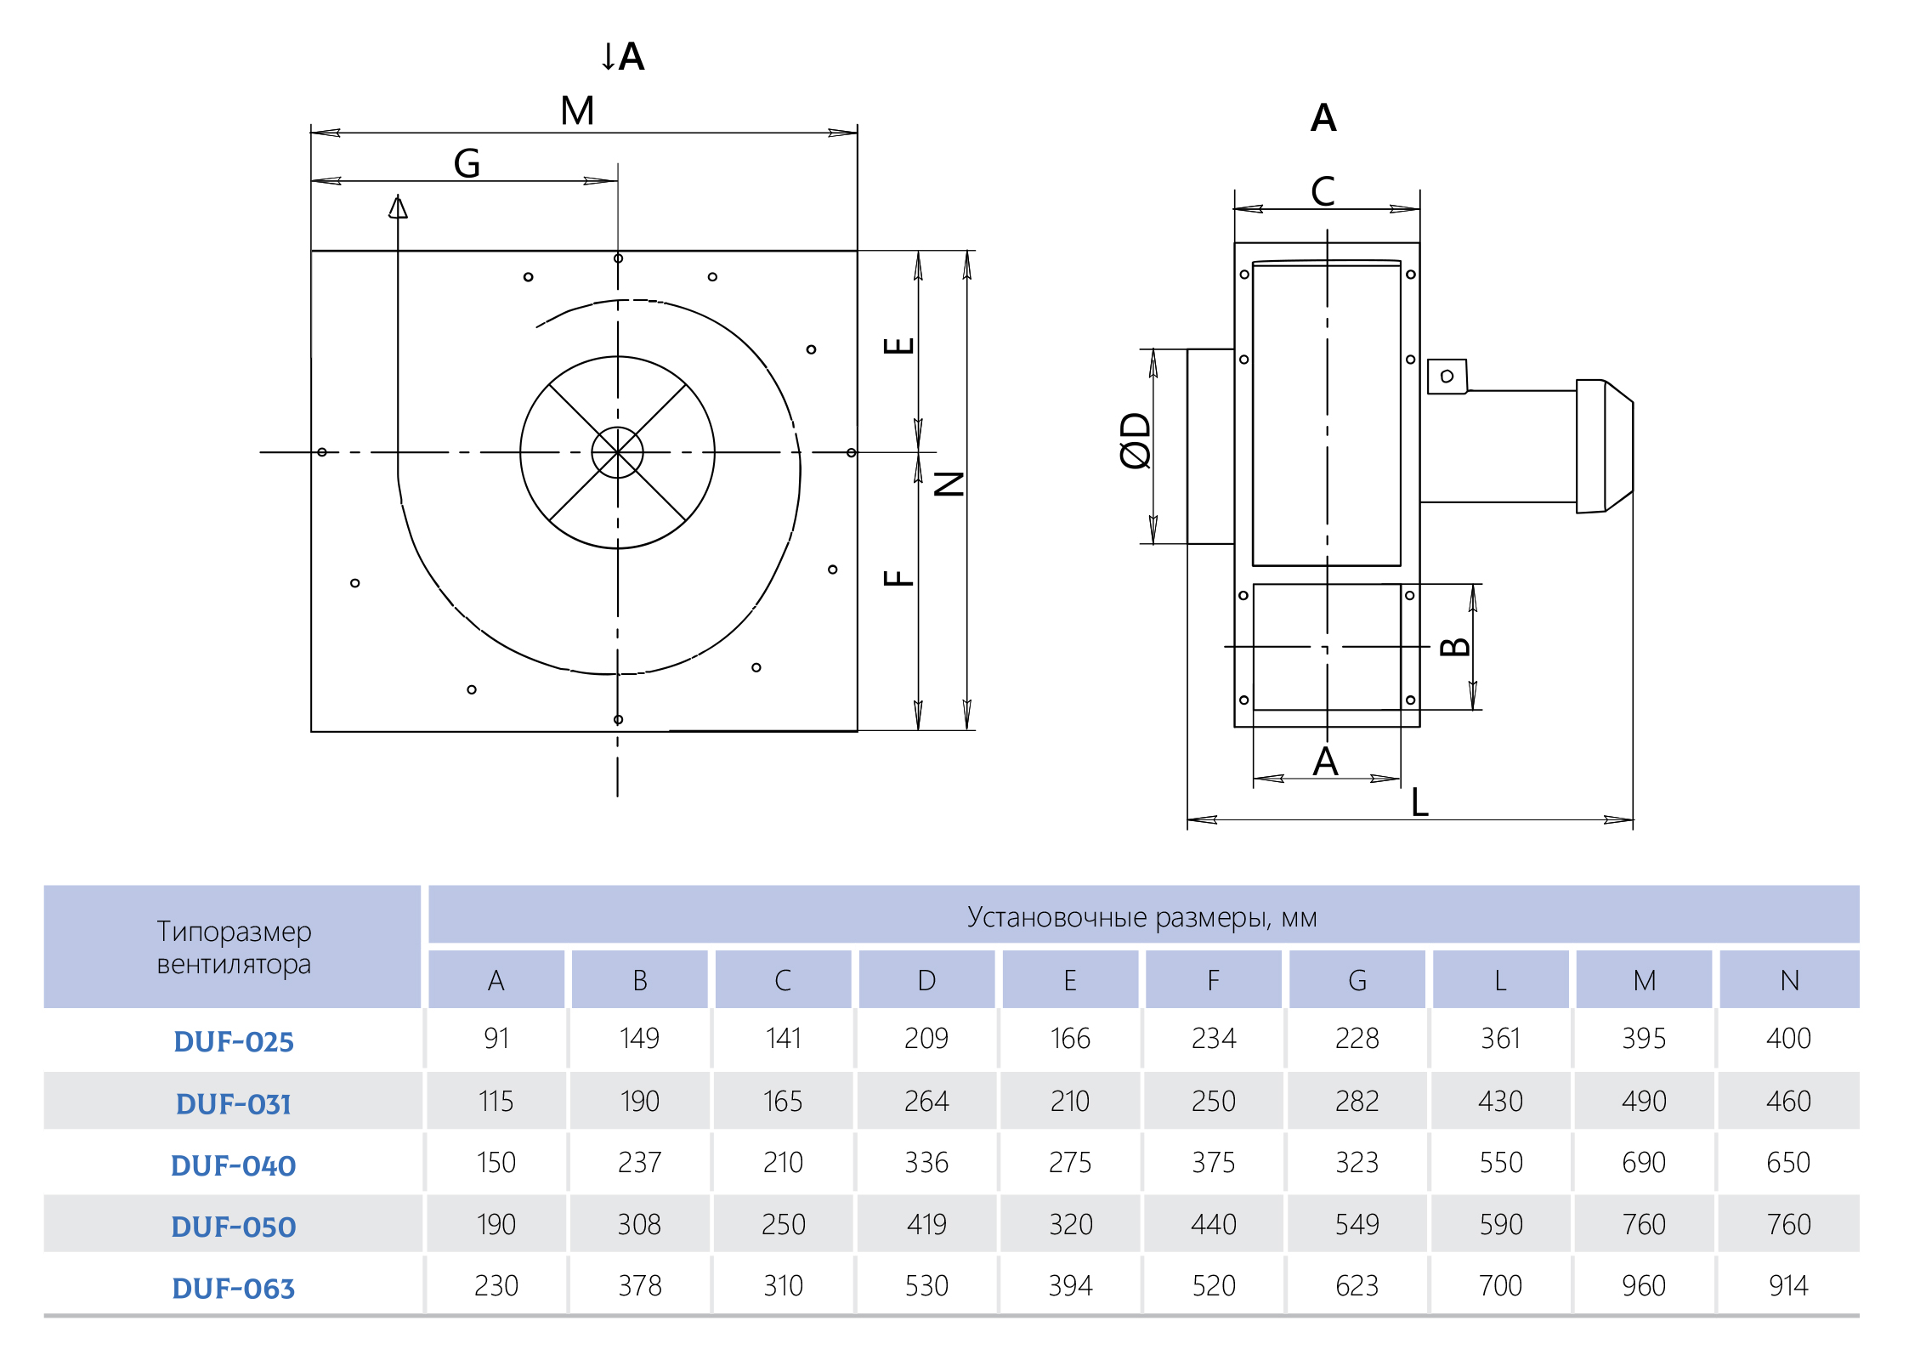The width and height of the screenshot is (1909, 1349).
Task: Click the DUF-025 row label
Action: [x=234, y=1041]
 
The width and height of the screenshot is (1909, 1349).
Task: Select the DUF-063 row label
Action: [x=234, y=1289]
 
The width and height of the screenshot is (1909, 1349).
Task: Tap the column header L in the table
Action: [x=1501, y=981]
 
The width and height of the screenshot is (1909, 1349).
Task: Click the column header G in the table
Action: [x=1357, y=981]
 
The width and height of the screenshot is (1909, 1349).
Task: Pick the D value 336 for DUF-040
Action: [x=926, y=1163]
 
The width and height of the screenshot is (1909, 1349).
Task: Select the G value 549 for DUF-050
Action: [x=1357, y=1225]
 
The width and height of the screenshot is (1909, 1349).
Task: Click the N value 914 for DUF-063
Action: [x=1788, y=1286]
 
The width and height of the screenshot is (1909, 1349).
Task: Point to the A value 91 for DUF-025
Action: [x=496, y=1039]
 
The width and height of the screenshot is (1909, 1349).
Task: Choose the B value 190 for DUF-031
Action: [x=640, y=1102]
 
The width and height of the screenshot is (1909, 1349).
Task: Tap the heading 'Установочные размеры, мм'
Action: [x=1142, y=918]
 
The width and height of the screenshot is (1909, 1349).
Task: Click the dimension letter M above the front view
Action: [x=578, y=111]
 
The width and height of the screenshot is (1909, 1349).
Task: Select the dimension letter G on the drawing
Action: [x=467, y=163]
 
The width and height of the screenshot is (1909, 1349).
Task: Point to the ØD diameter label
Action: [x=1136, y=440]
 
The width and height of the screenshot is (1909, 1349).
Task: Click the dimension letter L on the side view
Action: [x=1420, y=802]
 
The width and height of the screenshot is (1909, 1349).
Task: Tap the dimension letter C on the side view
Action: [x=1323, y=191]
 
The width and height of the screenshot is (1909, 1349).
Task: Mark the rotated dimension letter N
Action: [x=949, y=484]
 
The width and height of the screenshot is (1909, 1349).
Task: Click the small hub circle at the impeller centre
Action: [x=618, y=452]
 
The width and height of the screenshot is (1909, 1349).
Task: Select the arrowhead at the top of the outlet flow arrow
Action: [x=398, y=207]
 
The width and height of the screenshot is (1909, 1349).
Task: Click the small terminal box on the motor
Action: [x=1447, y=377]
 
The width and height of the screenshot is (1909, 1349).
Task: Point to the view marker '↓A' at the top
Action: [x=623, y=57]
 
